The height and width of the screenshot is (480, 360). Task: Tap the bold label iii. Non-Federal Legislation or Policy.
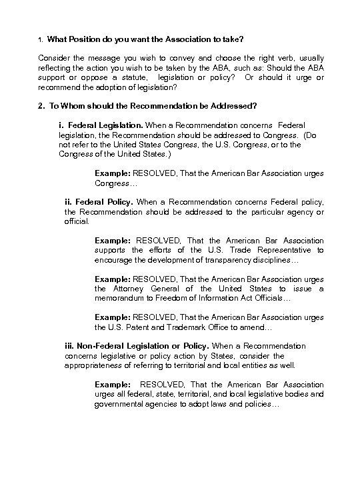point(137,346)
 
